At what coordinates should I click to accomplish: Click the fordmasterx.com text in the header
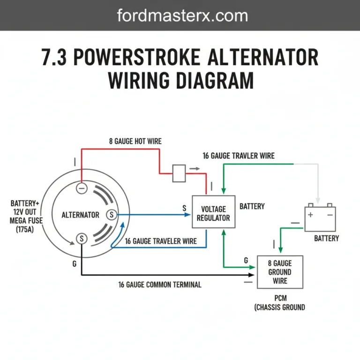[182, 15]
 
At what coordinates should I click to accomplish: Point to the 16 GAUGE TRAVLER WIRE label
[239, 156]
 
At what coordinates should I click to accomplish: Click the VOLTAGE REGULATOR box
[213, 213]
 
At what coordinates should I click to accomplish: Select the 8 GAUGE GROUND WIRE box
[280, 272]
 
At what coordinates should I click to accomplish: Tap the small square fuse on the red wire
[180, 173]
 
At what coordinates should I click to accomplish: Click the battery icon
[320, 217]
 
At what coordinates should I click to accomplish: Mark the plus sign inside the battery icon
[311, 215]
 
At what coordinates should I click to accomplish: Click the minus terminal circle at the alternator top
[82, 188]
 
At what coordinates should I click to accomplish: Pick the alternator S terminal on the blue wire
[112, 215]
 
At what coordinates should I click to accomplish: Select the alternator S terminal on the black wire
[82, 239]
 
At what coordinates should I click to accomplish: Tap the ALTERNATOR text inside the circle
[81, 215]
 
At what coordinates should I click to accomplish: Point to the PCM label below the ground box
[280, 298]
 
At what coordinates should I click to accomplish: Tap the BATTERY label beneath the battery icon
[326, 239]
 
